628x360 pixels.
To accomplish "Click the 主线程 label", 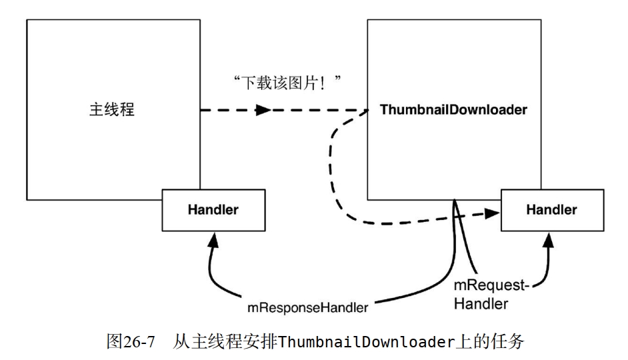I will click(x=112, y=109).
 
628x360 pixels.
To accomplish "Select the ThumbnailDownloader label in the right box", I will click(x=453, y=109).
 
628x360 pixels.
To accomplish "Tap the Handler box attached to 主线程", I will click(x=213, y=210).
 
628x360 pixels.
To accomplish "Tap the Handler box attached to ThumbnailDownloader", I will click(x=551, y=210).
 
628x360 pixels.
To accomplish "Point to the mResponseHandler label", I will click(x=307, y=308).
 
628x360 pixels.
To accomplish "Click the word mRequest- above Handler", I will click(x=491, y=286).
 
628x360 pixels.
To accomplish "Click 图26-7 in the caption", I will click(x=131, y=343).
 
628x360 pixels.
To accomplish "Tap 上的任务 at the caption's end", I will click(x=490, y=343).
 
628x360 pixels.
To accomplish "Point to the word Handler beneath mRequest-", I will click(x=481, y=304).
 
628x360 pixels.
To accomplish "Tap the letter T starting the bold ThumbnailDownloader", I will click(x=384, y=109).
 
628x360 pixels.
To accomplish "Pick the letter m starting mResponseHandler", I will click(x=253, y=308).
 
